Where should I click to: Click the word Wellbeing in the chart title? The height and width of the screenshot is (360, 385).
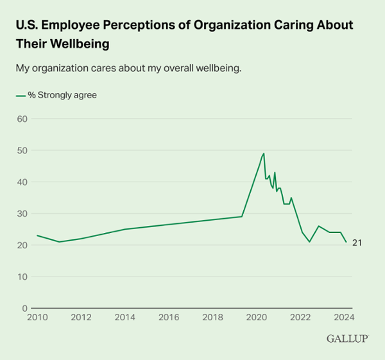point(80,46)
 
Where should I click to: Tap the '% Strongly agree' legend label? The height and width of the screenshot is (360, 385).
point(62,95)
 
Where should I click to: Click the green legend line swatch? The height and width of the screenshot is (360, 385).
point(20,95)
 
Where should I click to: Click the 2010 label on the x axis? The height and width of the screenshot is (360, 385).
point(37,317)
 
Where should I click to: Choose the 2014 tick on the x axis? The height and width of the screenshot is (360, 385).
point(124,317)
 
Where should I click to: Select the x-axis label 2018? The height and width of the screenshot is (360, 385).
point(212,317)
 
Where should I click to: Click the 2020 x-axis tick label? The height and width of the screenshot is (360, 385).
point(256,317)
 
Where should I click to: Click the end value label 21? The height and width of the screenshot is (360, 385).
point(357,243)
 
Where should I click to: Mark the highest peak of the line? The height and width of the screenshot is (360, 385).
point(264,153)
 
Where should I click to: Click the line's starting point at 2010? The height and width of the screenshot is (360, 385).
point(37,236)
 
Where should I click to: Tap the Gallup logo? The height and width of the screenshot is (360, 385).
point(347,338)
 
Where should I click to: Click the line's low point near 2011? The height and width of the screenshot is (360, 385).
point(59,242)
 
